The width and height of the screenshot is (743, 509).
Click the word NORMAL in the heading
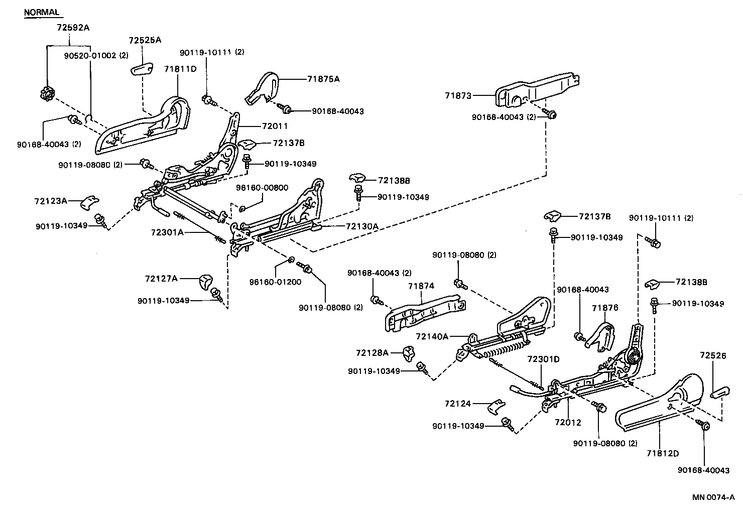(42, 12)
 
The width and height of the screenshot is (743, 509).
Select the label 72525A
(145, 40)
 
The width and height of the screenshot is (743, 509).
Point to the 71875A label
(323, 79)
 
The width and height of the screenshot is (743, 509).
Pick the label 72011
(275, 126)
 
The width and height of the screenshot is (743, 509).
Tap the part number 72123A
(51, 201)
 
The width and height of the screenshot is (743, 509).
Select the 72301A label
(167, 232)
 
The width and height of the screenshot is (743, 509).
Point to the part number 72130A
(361, 226)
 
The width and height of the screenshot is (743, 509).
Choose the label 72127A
(162, 278)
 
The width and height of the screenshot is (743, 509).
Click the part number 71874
(421, 286)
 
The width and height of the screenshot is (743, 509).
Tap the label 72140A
(432, 336)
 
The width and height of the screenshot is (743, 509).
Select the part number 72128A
(373, 352)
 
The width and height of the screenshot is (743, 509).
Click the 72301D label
(543, 359)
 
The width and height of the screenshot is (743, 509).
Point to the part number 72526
(713, 355)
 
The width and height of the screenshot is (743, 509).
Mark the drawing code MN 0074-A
(713, 497)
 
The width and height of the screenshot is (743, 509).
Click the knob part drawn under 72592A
(47, 93)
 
